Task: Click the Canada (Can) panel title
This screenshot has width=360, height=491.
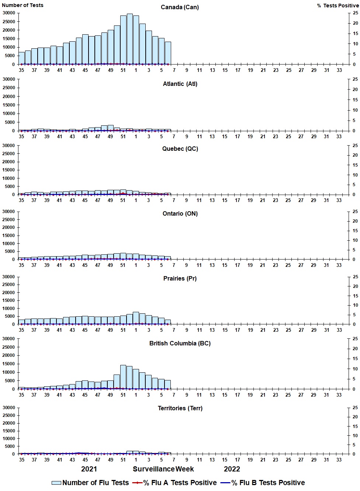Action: (180, 7)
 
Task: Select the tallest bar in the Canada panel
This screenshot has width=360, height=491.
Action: (129, 39)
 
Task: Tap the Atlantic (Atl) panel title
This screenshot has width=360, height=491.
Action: (180, 84)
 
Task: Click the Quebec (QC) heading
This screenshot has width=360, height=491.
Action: (180, 149)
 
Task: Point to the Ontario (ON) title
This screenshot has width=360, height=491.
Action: (180, 213)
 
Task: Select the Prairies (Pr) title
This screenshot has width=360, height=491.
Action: (180, 278)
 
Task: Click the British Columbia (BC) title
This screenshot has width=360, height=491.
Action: (180, 343)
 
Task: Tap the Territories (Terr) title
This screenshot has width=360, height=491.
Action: (180, 408)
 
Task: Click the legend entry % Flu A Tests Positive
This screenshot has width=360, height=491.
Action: (180, 483)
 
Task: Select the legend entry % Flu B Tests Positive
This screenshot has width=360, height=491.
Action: (268, 483)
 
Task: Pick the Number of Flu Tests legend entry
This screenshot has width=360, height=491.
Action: (95, 483)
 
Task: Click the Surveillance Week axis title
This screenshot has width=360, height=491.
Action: (163, 469)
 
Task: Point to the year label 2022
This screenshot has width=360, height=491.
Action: (232, 469)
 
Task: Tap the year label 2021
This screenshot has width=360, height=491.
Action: (89, 469)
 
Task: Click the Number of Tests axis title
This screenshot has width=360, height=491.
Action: (22, 5)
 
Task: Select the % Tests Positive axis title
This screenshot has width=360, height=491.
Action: (337, 6)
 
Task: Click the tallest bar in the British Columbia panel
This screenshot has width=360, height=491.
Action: (123, 377)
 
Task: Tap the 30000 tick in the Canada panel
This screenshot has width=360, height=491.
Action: (8, 13)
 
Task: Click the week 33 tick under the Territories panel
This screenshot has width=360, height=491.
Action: (339, 460)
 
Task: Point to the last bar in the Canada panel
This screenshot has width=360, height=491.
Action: (168, 53)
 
